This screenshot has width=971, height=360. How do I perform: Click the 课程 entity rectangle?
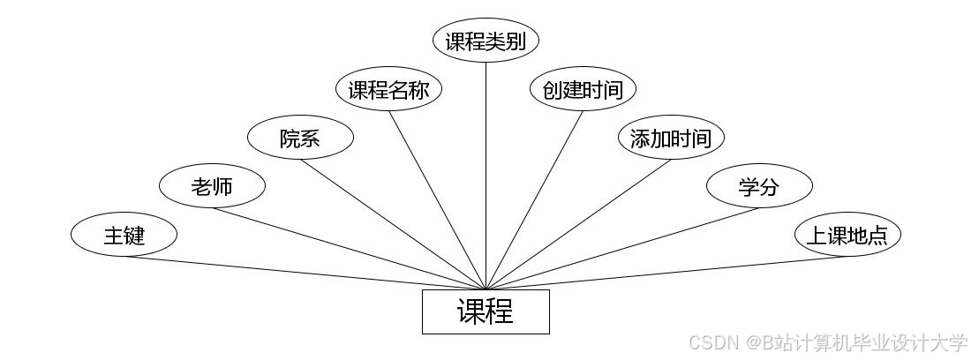pyautogui.click(x=485, y=311)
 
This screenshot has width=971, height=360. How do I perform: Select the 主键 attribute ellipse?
pyautogui.click(x=124, y=236)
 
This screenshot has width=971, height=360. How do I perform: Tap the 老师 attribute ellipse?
pyautogui.click(x=212, y=186)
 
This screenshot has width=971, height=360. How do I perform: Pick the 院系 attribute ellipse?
pyautogui.click(x=300, y=139)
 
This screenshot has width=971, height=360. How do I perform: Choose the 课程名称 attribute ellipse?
pyautogui.click(x=388, y=90)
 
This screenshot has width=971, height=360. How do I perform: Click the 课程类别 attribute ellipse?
pyautogui.click(x=485, y=41)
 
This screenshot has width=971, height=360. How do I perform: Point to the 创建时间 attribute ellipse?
pyautogui.click(x=583, y=90)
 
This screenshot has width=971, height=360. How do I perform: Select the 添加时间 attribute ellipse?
pyautogui.click(x=671, y=139)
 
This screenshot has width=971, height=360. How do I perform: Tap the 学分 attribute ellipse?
pyautogui.click(x=759, y=186)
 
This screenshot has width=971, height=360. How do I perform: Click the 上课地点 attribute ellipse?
pyautogui.click(x=847, y=236)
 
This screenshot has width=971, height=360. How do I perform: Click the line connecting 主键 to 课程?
pyautogui.click(x=305, y=273)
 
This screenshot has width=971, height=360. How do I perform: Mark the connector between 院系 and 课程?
pyautogui.click(x=393, y=224)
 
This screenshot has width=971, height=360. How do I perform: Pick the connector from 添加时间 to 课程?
pyautogui.click(x=578, y=224)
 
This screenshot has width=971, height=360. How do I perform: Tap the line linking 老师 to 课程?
pyautogui.click(x=349, y=249)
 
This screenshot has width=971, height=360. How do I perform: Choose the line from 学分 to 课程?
pyautogui.click(x=622, y=249)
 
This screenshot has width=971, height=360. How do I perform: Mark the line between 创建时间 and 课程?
pyautogui.click(x=534, y=200)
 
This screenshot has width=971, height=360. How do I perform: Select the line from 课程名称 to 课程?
pyautogui.click(x=437, y=200)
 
